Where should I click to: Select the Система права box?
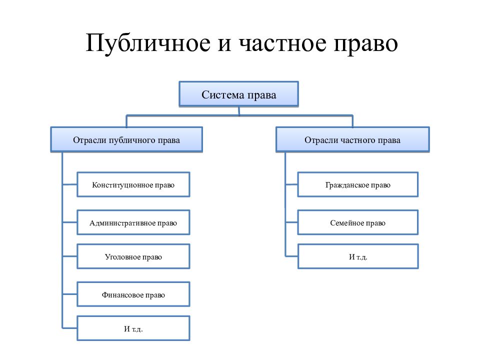tap(239, 94)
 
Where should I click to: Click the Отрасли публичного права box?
tap(126, 140)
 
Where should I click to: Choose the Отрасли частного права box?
tap(352, 140)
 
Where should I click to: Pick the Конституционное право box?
tap(133, 184)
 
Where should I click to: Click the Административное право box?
tap(133, 222)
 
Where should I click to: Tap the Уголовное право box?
tap(133, 256)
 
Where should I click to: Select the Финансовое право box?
tap(133, 294)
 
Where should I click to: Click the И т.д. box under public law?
tap(133, 328)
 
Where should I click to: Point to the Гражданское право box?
tap(358, 184)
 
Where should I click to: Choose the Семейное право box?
tap(358, 222)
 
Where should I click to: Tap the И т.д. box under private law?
tap(358, 256)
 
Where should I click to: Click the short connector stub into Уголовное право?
tap(70, 256)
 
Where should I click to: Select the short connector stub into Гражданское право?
tap(291, 184)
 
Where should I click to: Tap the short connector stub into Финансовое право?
tap(70, 294)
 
